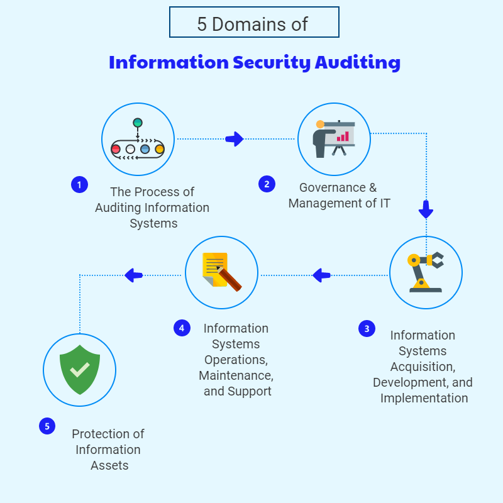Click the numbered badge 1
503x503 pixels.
(79, 185)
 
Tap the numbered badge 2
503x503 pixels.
(267, 184)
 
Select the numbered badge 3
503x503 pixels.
(367, 328)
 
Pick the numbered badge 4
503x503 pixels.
(182, 328)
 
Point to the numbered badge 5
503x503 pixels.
(47, 426)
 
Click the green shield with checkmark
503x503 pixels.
(79, 370)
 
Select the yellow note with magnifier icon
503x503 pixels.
(221, 272)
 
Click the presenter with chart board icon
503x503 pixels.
(334, 139)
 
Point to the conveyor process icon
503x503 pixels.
(138, 140)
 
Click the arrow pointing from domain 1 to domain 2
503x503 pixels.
(235, 139)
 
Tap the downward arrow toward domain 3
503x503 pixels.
(426, 209)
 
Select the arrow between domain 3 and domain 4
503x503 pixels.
(322, 275)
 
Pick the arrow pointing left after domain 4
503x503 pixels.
(134, 275)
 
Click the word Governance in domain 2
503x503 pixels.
(331, 187)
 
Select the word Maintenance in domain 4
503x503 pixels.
(235, 375)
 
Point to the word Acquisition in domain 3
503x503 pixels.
(422, 367)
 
